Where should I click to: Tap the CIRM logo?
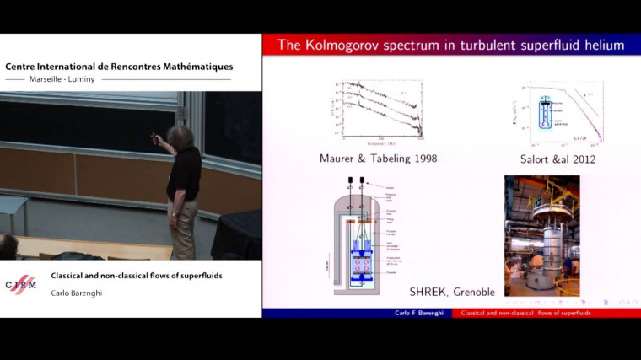21,283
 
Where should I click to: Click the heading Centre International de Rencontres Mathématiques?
119,67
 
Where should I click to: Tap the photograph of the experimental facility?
541,235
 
